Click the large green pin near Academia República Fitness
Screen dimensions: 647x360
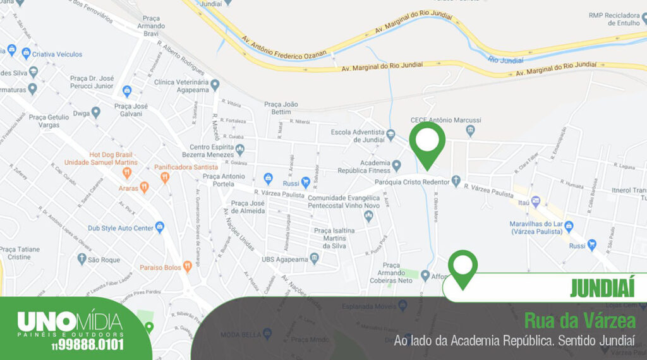[427, 142]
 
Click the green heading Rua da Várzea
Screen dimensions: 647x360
[579, 321]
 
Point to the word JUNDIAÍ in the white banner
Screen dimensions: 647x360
[602, 288]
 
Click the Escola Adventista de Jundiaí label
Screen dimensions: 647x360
[358, 136]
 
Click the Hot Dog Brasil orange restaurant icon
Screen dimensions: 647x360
[127, 172]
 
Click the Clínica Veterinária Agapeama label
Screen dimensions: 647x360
[181, 86]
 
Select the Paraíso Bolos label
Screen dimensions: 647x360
[161, 267]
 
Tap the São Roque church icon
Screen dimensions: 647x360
[82, 259]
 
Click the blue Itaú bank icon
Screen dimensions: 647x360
[536, 202]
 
